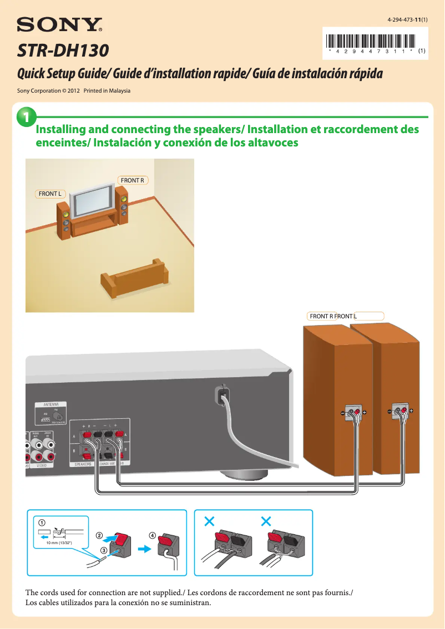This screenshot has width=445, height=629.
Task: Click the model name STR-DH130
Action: click(x=63, y=52)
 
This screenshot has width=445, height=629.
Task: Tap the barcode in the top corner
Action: click(x=371, y=41)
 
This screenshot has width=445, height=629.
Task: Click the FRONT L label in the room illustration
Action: click(x=50, y=194)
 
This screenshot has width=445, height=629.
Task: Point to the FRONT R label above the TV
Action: click(x=133, y=180)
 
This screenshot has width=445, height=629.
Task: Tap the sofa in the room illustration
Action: click(x=133, y=280)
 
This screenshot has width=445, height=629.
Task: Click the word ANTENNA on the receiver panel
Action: click(x=52, y=404)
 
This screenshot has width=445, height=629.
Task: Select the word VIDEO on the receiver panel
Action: click(x=44, y=466)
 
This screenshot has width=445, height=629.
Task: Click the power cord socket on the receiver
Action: click(x=221, y=395)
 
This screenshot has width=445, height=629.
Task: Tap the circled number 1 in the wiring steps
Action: click(x=42, y=523)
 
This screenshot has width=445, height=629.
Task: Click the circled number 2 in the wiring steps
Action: click(x=99, y=536)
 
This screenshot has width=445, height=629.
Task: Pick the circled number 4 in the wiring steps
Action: click(x=151, y=535)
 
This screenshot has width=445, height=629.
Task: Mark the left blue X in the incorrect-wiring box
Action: click(x=209, y=521)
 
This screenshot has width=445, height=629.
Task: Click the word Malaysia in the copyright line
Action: click(x=118, y=90)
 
